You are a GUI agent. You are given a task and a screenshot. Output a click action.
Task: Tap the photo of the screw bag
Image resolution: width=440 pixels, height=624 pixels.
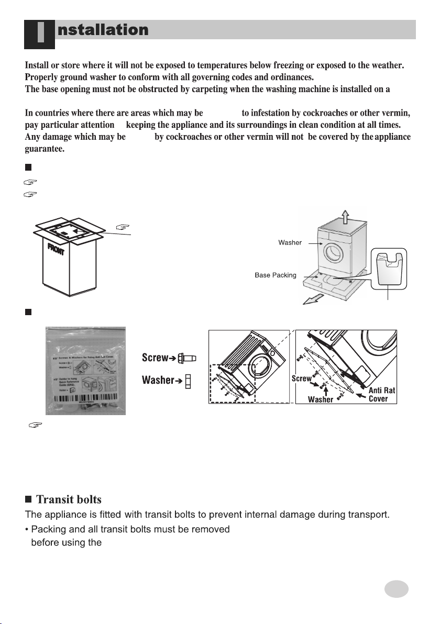(x=85, y=371)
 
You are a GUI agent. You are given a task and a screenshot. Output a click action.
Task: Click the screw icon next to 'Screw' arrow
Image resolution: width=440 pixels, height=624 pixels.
(x=189, y=358)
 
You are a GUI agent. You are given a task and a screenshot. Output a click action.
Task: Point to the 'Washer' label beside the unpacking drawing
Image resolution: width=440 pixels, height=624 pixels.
(x=290, y=243)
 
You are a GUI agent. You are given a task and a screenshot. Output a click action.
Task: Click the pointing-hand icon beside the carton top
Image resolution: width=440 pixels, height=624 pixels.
(x=122, y=227)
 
